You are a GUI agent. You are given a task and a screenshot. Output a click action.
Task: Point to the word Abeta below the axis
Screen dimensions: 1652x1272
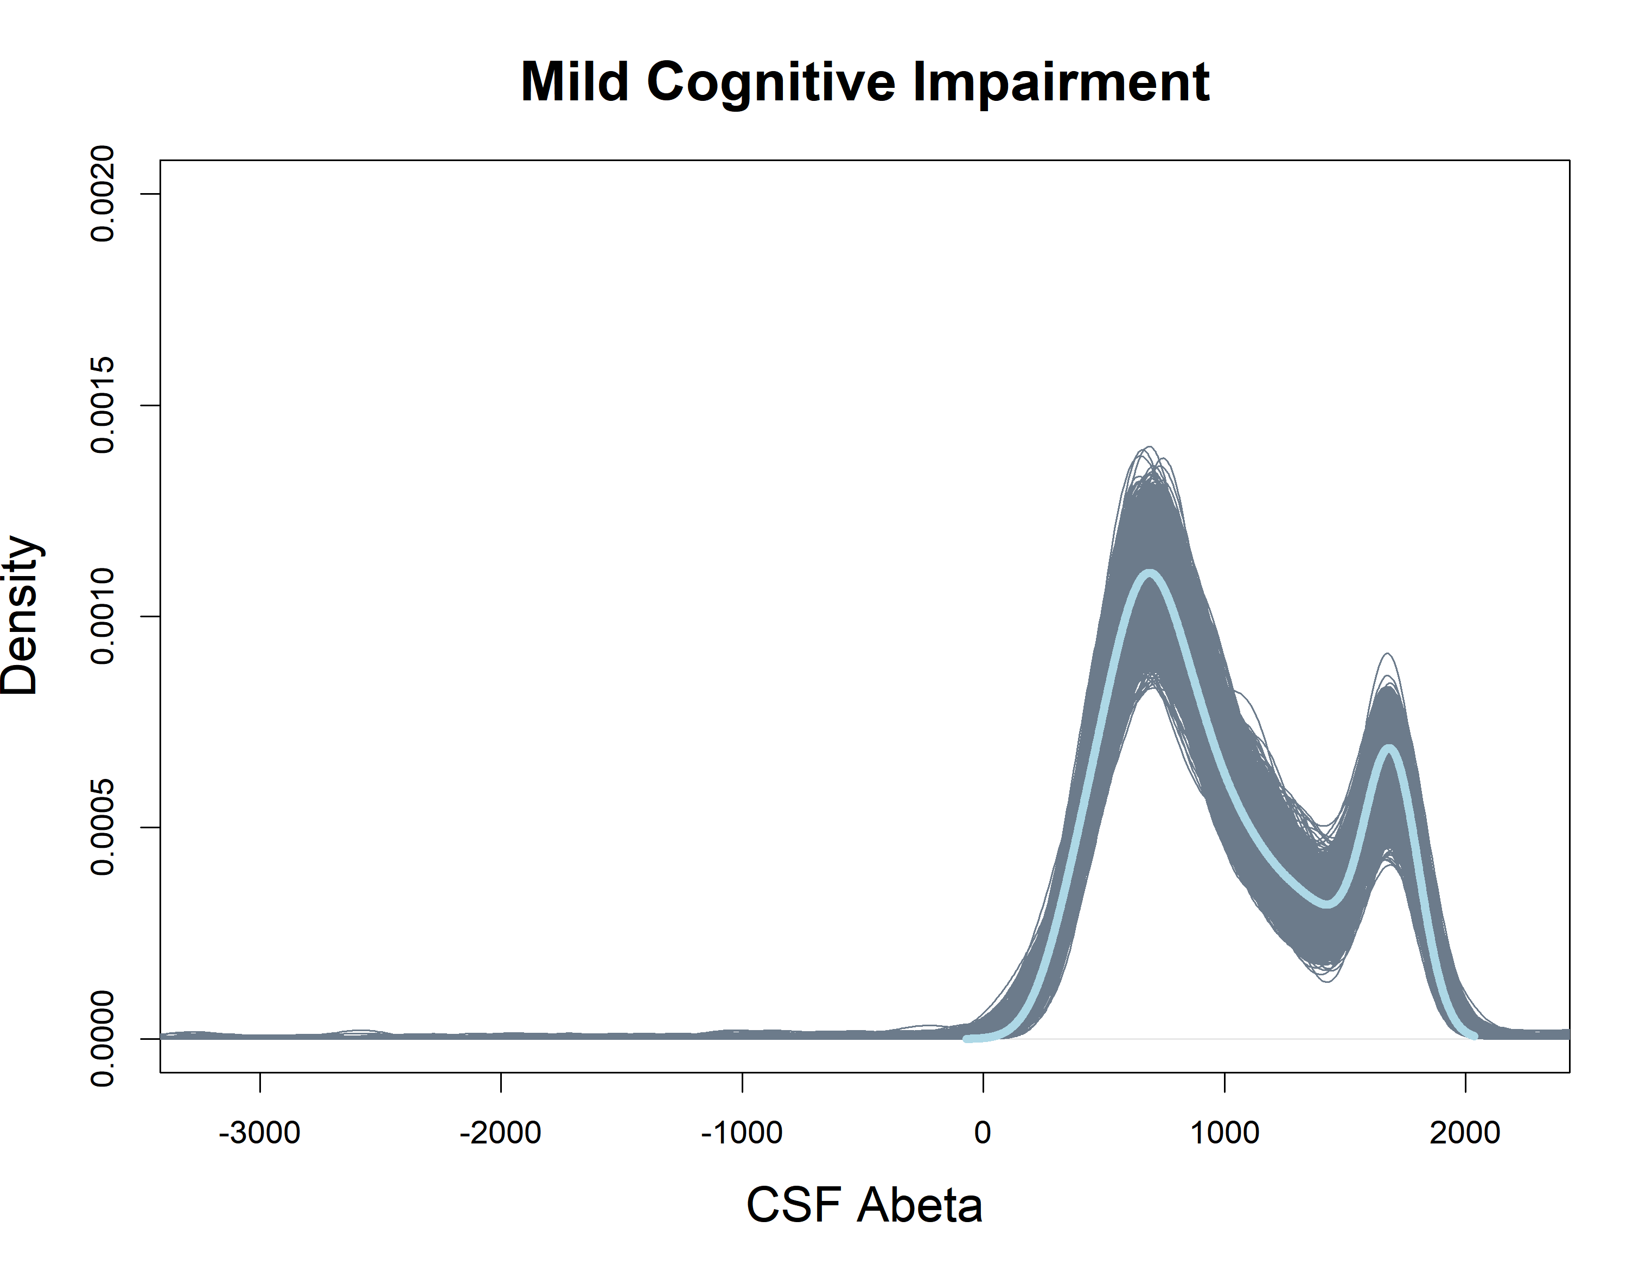pyautogui.click(x=919, y=1205)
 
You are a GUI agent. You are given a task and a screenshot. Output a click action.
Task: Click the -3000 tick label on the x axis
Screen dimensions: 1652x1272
pyautogui.click(x=259, y=1132)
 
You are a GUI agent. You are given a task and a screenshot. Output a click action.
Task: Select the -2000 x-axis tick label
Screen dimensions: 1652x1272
pyautogui.click(x=500, y=1132)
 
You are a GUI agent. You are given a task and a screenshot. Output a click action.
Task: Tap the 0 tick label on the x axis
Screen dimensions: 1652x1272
pyautogui.click(x=983, y=1132)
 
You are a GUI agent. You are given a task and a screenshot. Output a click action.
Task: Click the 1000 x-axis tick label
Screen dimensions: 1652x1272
pyautogui.click(x=1224, y=1132)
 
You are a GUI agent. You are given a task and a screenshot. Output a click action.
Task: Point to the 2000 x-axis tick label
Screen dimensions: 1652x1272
pyautogui.click(x=1465, y=1132)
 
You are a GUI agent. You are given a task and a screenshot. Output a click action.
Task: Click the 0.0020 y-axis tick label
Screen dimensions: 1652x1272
pyautogui.click(x=102, y=194)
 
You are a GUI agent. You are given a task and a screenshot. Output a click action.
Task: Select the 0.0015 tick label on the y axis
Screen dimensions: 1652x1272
pyautogui.click(x=102, y=405)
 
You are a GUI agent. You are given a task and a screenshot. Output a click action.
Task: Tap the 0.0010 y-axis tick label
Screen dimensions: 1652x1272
pyautogui.click(x=102, y=616)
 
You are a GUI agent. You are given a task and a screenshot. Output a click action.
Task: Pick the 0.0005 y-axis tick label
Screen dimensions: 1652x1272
pyautogui.click(x=102, y=827)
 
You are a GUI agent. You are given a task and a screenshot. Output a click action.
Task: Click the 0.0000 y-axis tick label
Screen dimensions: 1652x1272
pyautogui.click(x=102, y=1038)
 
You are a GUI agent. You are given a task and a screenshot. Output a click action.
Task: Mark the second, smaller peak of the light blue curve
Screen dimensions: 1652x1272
pyautogui.click(x=1389, y=749)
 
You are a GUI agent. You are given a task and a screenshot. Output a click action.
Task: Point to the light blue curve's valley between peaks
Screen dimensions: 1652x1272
pyautogui.click(x=1326, y=904)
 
